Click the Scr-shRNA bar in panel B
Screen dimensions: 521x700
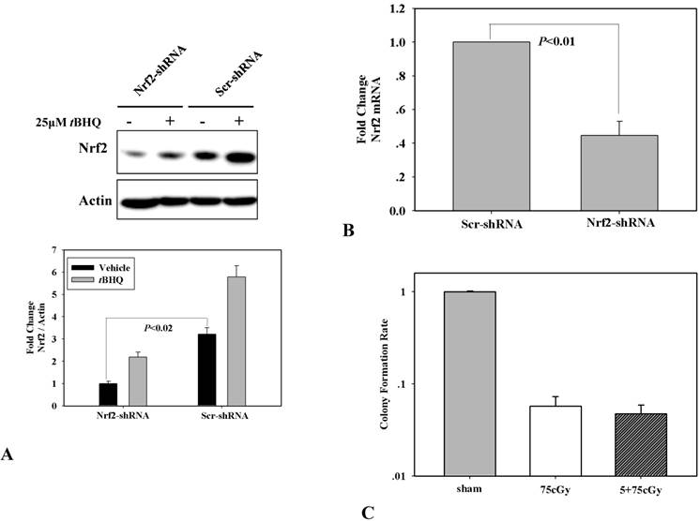(x=490, y=126)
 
